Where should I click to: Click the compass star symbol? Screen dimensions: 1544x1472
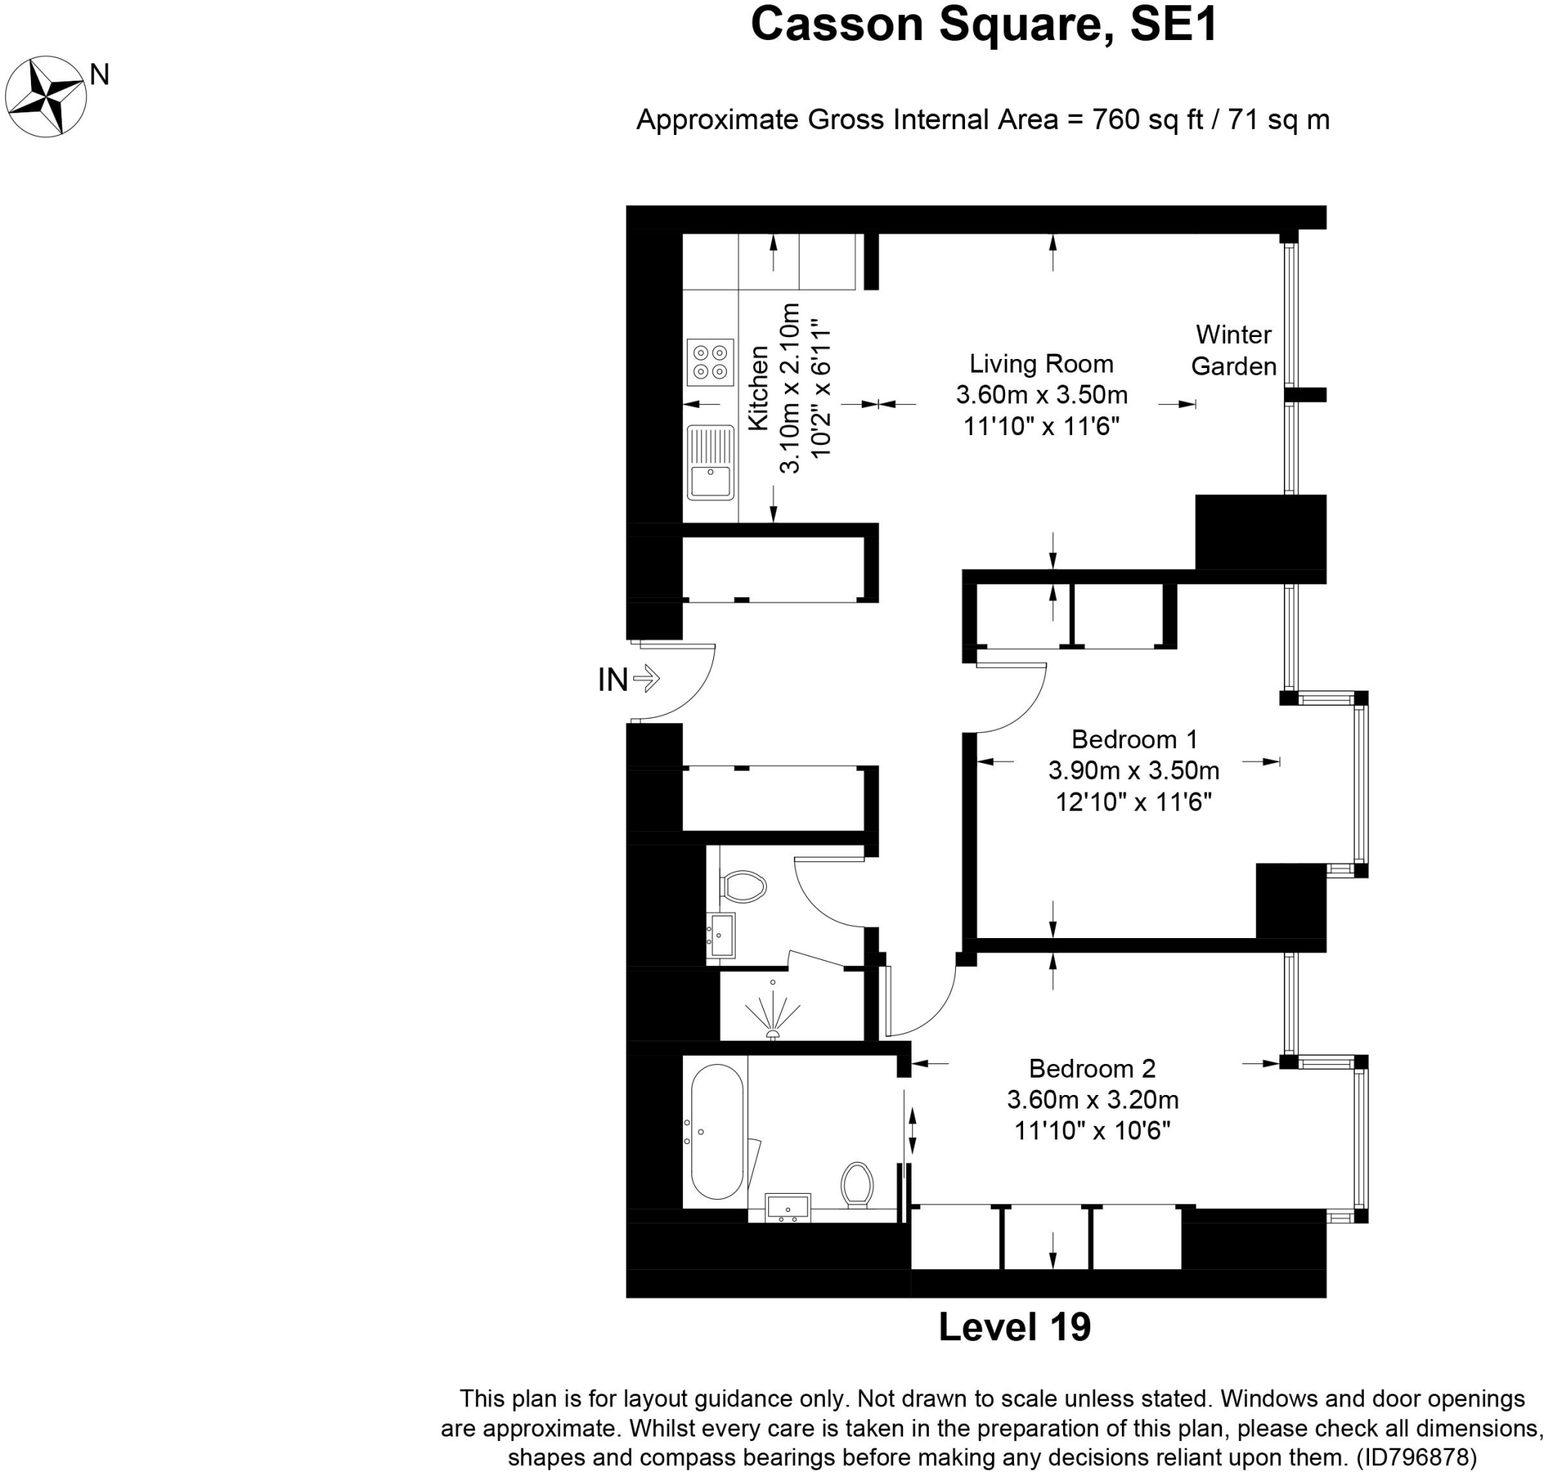click(45, 97)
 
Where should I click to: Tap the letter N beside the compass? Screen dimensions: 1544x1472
click(100, 75)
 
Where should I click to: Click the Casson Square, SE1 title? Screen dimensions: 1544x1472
click(984, 25)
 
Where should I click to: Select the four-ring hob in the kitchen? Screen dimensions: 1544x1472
click(710, 363)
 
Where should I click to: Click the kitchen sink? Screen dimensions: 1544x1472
click(710, 463)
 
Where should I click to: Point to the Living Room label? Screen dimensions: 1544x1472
click(1041, 364)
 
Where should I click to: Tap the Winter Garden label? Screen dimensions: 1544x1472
click(1233, 351)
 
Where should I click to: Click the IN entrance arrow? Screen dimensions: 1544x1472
click(645, 679)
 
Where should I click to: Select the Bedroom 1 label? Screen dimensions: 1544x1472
click(1135, 739)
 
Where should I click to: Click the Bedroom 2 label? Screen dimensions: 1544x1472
click(1092, 1068)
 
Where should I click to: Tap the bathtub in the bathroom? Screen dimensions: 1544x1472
click(717, 1131)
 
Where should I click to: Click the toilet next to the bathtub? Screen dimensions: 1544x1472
click(857, 1185)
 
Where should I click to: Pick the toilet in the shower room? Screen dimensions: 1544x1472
click(743, 888)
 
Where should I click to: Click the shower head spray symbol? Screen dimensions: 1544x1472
click(773, 1013)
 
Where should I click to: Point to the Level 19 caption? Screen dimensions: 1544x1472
click(1015, 1327)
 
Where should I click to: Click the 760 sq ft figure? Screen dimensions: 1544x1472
click(1147, 120)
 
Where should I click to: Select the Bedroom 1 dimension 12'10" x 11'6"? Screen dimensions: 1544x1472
click(1134, 802)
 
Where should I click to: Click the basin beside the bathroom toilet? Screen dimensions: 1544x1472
click(788, 1207)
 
